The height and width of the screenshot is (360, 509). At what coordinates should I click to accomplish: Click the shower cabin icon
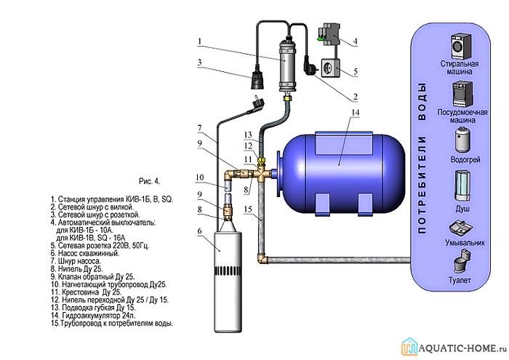pyautogui.click(x=462, y=185)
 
